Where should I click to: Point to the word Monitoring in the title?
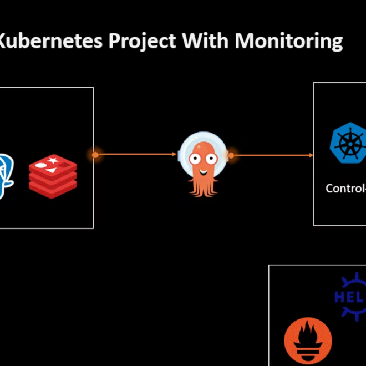coord(288,42)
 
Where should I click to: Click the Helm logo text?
coord(349,297)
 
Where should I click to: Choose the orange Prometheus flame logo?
coord(308,343)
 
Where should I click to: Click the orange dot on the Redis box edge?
coord(95,155)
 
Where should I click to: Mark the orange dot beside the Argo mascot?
coord(231,155)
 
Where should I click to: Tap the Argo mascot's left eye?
coord(195,158)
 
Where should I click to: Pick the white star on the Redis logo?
coord(54,161)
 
